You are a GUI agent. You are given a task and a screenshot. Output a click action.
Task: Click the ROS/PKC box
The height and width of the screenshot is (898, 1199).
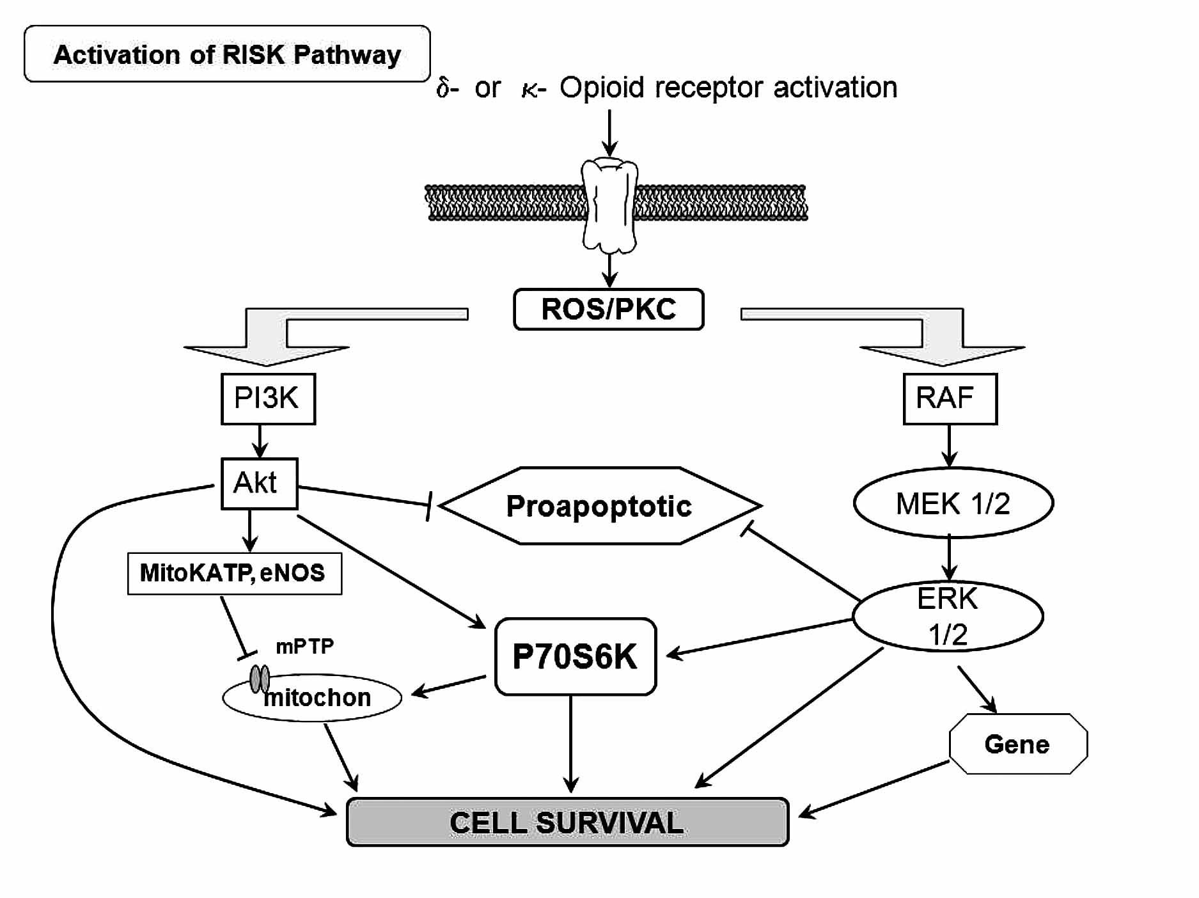tap(608, 310)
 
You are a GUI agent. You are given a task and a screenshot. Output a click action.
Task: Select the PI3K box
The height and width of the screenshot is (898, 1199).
tap(268, 398)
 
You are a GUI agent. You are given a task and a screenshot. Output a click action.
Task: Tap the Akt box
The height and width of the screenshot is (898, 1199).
tap(259, 484)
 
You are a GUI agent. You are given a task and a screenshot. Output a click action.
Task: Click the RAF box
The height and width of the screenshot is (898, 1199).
tap(950, 398)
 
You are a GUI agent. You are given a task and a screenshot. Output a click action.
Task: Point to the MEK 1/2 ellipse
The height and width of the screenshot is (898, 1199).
tap(953, 503)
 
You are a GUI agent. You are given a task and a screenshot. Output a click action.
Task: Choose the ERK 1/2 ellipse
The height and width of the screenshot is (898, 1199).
tap(948, 617)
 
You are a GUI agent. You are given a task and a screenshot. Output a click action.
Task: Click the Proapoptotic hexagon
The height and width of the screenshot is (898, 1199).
tap(599, 506)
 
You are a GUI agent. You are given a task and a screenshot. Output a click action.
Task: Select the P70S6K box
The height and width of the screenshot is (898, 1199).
tap(576, 656)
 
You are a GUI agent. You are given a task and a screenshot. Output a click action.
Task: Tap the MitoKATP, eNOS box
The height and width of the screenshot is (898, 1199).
tap(234, 573)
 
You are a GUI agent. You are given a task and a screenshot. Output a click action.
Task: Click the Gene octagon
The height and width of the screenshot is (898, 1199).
tap(1017, 744)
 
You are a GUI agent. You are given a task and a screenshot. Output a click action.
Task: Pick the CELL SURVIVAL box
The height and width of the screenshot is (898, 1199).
tap(567, 823)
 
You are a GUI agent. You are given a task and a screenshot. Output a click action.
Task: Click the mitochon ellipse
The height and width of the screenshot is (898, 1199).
tap(313, 698)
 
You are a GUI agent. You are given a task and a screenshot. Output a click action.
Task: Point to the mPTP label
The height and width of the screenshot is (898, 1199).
tap(304, 647)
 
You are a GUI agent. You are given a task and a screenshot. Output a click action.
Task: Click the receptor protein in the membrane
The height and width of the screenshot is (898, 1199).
tap(609, 205)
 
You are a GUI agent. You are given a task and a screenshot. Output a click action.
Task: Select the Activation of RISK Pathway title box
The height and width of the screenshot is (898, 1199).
tap(227, 54)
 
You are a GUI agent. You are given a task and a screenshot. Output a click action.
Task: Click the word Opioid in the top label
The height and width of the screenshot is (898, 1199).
tap(602, 88)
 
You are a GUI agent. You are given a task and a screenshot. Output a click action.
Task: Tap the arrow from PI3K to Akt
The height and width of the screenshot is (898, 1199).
tap(260, 441)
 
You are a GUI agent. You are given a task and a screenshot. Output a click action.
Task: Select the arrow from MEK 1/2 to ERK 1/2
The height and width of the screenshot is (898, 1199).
tap(949, 557)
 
